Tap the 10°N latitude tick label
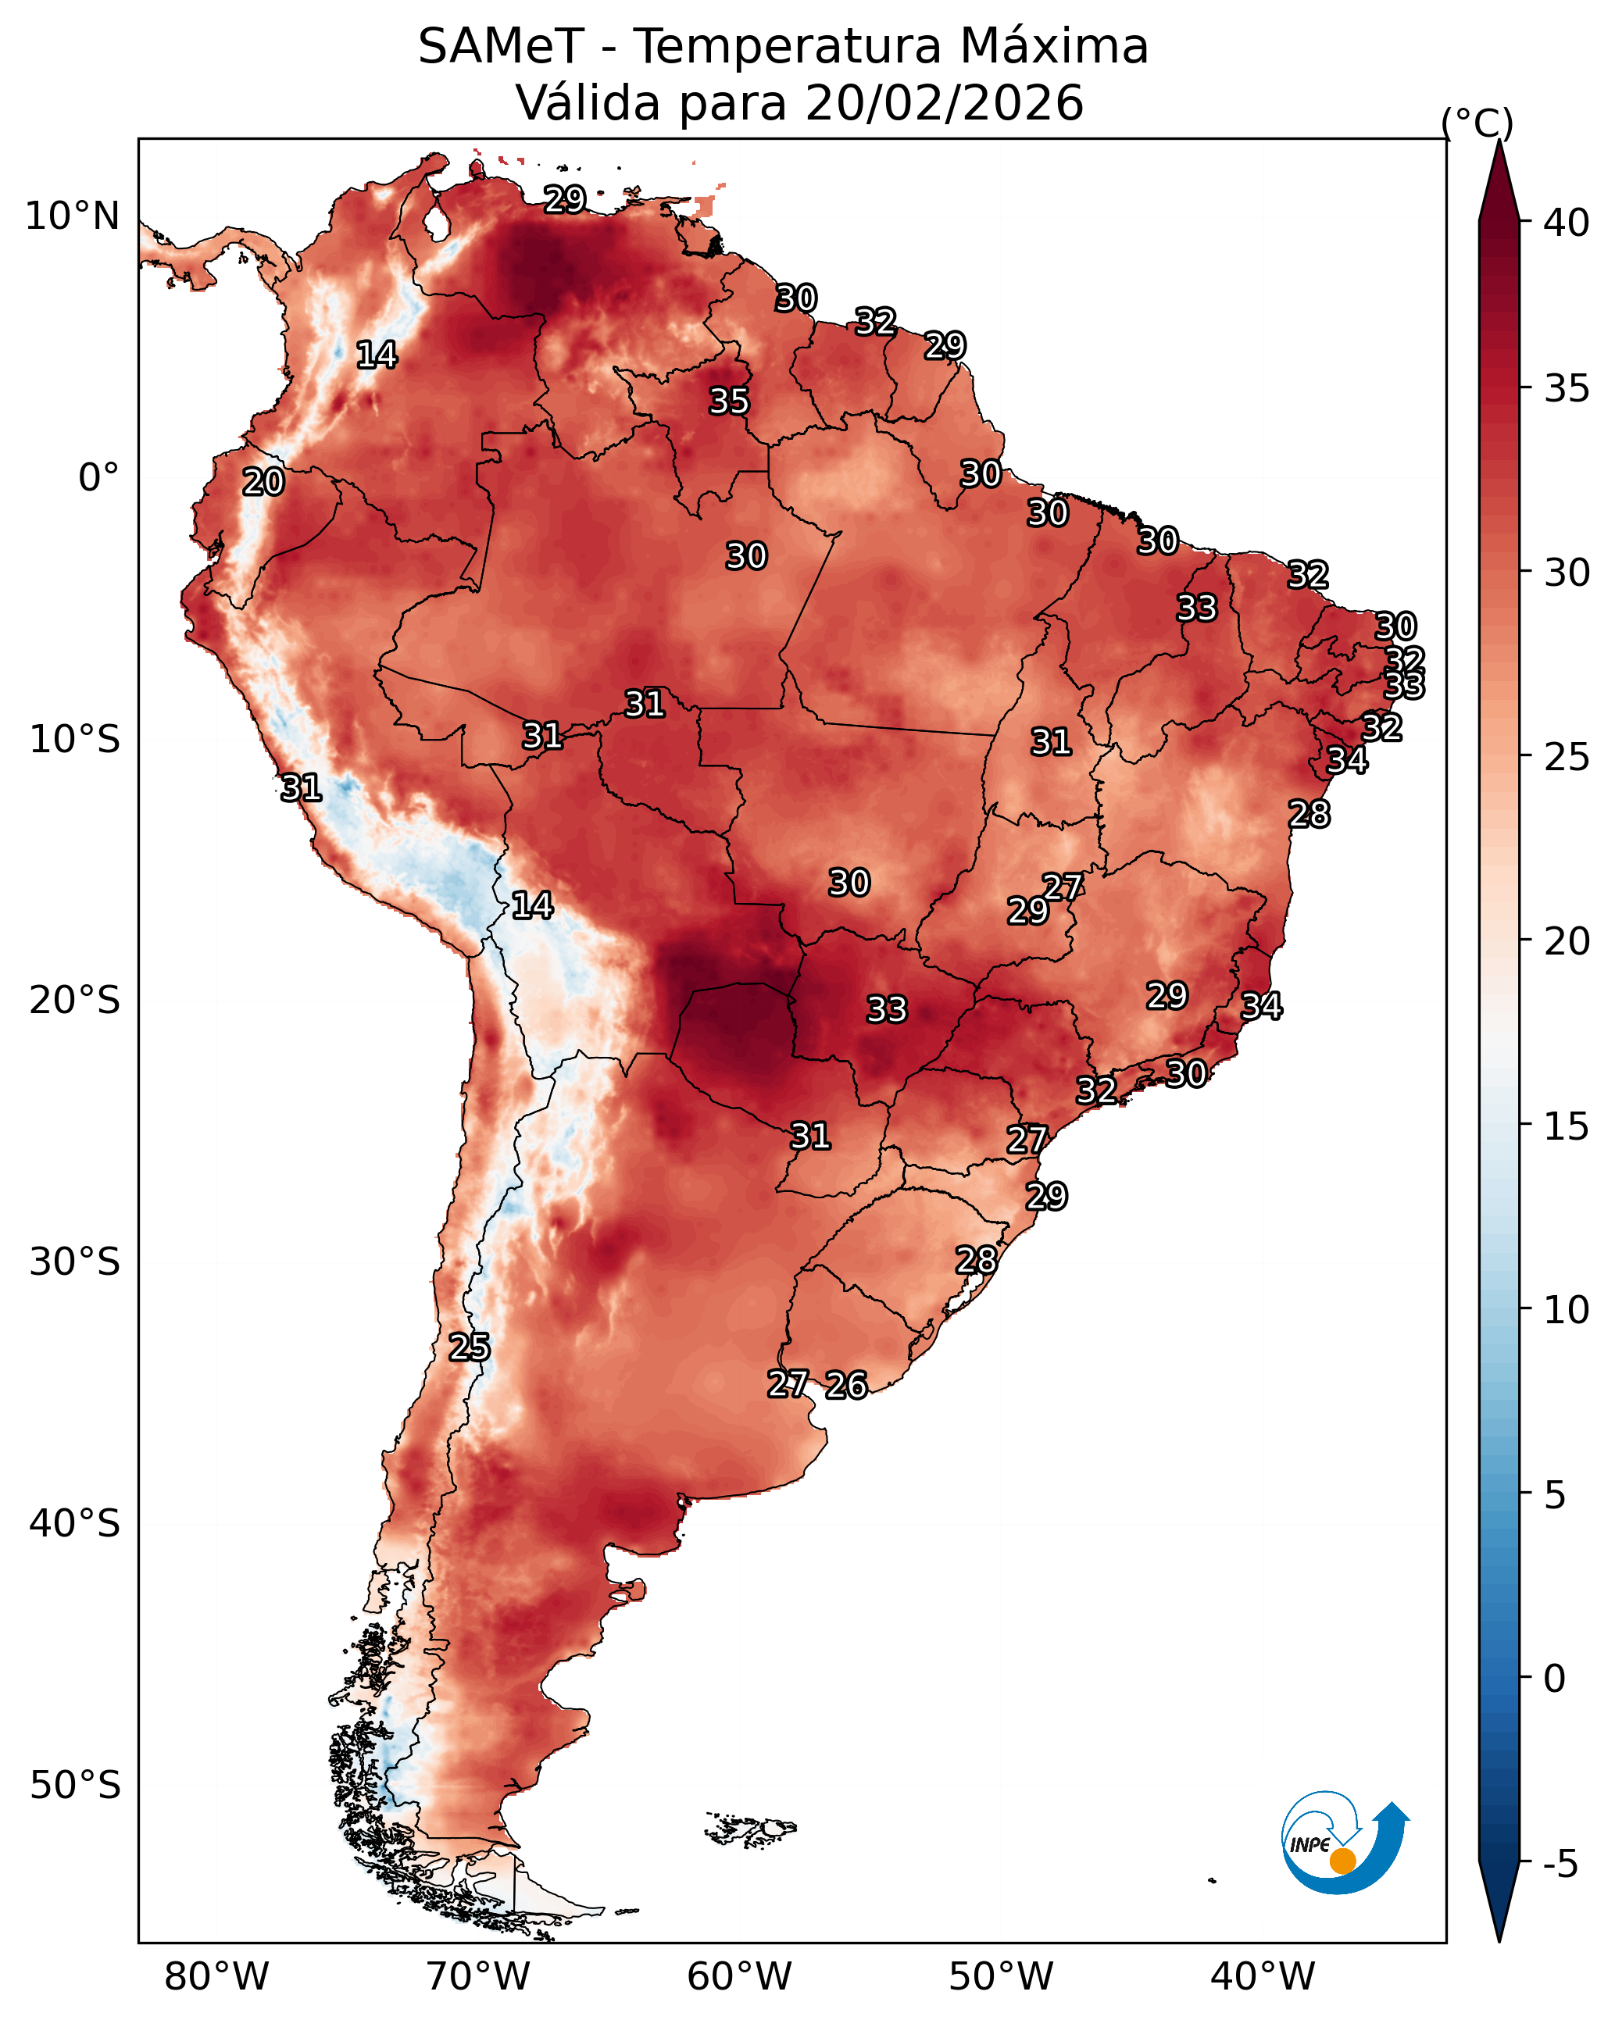click(72, 216)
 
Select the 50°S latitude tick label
click(75, 1786)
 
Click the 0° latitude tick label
click(98, 478)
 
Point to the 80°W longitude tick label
click(216, 1977)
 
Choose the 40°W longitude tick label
click(1263, 1977)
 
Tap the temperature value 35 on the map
click(728, 401)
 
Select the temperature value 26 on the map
click(845, 1385)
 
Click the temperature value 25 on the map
click(469, 1347)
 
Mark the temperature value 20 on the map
click(263, 483)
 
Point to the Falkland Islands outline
click(750, 1828)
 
